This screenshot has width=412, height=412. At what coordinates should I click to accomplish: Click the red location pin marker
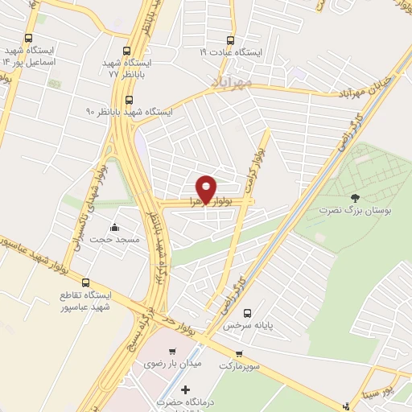[207, 190]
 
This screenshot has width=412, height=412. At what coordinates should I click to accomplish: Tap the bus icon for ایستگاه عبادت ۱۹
[231, 39]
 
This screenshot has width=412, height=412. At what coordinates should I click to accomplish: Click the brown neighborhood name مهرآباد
[232, 82]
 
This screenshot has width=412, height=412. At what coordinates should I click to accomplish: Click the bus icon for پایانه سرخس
[247, 312]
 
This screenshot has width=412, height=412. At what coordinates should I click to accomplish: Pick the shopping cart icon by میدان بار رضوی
[171, 352]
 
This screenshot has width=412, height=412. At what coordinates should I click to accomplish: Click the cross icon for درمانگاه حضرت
[187, 389]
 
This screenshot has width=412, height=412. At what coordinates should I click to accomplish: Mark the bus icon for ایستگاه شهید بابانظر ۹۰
[130, 100]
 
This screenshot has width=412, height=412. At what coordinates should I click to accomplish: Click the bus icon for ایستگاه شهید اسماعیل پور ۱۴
[29, 38]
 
